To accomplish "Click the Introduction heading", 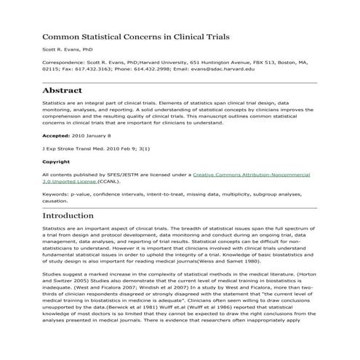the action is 78,216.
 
